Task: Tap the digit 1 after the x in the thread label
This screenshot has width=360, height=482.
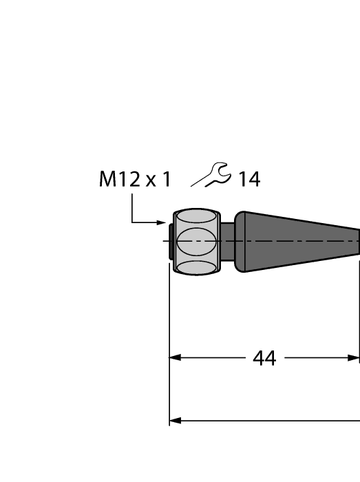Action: (x=165, y=180)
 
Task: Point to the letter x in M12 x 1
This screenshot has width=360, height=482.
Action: (x=151, y=182)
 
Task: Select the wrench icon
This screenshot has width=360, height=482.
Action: (x=211, y=176)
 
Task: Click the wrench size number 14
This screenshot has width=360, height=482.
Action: (x=249, y=180)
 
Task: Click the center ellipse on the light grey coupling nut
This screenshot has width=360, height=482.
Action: (x=197, y=242)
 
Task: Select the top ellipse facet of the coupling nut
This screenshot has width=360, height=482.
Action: (x=197, y=218)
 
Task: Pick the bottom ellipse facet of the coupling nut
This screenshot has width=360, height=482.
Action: (x=197, y=267)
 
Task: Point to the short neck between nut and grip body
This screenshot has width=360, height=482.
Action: (x=227, y=242)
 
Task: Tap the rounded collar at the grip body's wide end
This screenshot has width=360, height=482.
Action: (x=241, y=242)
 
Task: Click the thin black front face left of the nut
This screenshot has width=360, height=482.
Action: (x=171, y=242)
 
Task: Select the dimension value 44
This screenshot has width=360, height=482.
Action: (x=264, y=358)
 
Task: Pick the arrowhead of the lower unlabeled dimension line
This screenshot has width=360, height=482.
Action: (x=175, y=420)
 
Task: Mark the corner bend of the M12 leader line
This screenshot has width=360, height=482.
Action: (x=132, y=222)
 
